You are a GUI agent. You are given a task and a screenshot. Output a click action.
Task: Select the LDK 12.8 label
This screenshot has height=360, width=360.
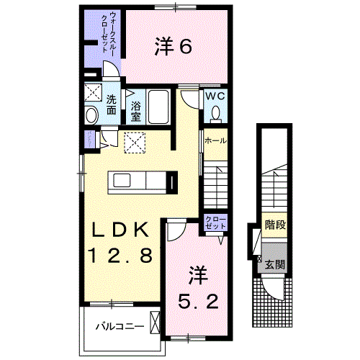pyautogui.click(x=120, y=242)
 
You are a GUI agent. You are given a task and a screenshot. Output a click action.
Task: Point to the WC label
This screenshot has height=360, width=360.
pyautogui.click(x=216, y=96)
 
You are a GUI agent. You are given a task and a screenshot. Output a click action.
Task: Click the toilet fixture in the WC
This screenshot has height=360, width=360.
pyautogui.click(x=216, y=113)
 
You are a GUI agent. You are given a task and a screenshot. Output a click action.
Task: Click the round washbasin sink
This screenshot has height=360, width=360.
pyautogui.click(x=91, y=115)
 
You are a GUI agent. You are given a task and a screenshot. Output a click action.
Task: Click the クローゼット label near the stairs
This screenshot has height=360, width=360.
pyautogui.click(x=215, y=222)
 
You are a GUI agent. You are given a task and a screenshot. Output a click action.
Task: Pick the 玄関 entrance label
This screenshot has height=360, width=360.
pyautogui.click(x=275, y=264)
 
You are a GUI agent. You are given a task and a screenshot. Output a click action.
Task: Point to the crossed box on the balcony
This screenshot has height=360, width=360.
pyautogui.click(x=155, y=321)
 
